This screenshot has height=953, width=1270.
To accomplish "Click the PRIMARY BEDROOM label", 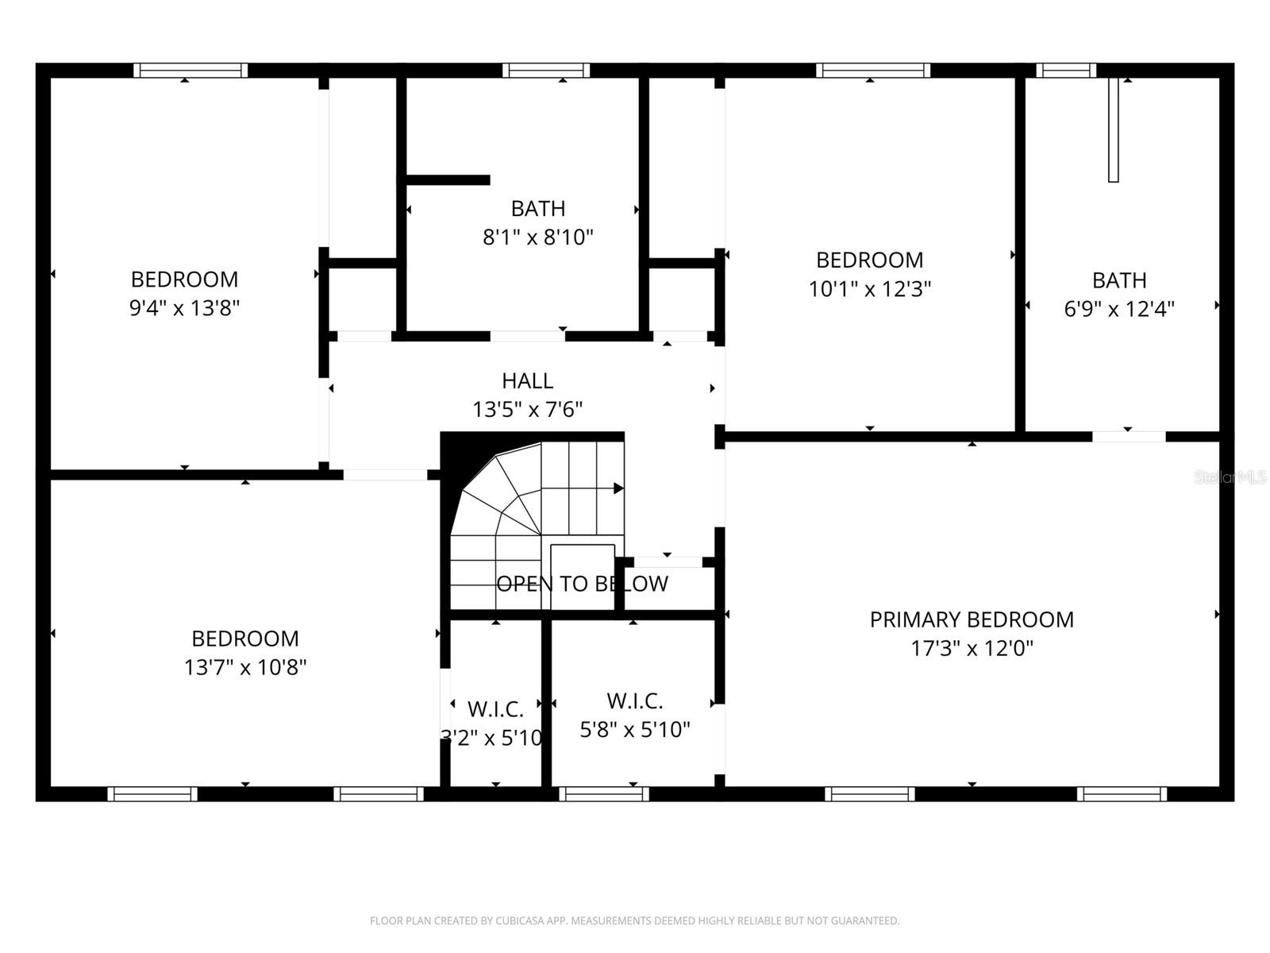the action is coord(972,619).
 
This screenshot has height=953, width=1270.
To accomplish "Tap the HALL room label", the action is coord(527,380).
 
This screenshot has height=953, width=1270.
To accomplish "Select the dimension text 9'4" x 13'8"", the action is coord(184,308).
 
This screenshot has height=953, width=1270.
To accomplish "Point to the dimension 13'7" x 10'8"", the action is coord(244,667).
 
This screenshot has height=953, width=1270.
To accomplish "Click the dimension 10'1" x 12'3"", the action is coord(870,289).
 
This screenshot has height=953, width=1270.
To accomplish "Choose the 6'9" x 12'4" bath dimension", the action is coord(1119,309).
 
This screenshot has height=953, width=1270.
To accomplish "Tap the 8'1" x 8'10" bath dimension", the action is coord(538,237).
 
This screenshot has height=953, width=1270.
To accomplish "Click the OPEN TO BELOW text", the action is coord(582,584).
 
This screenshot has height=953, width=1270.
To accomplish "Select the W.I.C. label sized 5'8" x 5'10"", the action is coord(635,701).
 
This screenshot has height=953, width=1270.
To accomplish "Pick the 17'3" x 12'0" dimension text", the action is coord(972,648).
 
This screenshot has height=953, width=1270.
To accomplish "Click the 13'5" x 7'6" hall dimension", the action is coord(527,410).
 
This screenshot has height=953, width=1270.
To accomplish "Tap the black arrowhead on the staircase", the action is coord(618,488).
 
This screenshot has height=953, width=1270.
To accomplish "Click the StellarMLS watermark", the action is coord(1230,477).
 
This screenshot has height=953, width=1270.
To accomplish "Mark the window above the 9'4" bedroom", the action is coord(190,70).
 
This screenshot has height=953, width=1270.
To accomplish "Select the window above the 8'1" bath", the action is coord(545,70).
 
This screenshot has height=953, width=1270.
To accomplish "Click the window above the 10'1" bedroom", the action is coord(873,70).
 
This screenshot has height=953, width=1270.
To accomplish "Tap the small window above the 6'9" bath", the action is coord(1066,70).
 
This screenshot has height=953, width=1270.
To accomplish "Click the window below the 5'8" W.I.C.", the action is coord(603,794).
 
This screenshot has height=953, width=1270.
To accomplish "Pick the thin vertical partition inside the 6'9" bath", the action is coord(1113,129).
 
